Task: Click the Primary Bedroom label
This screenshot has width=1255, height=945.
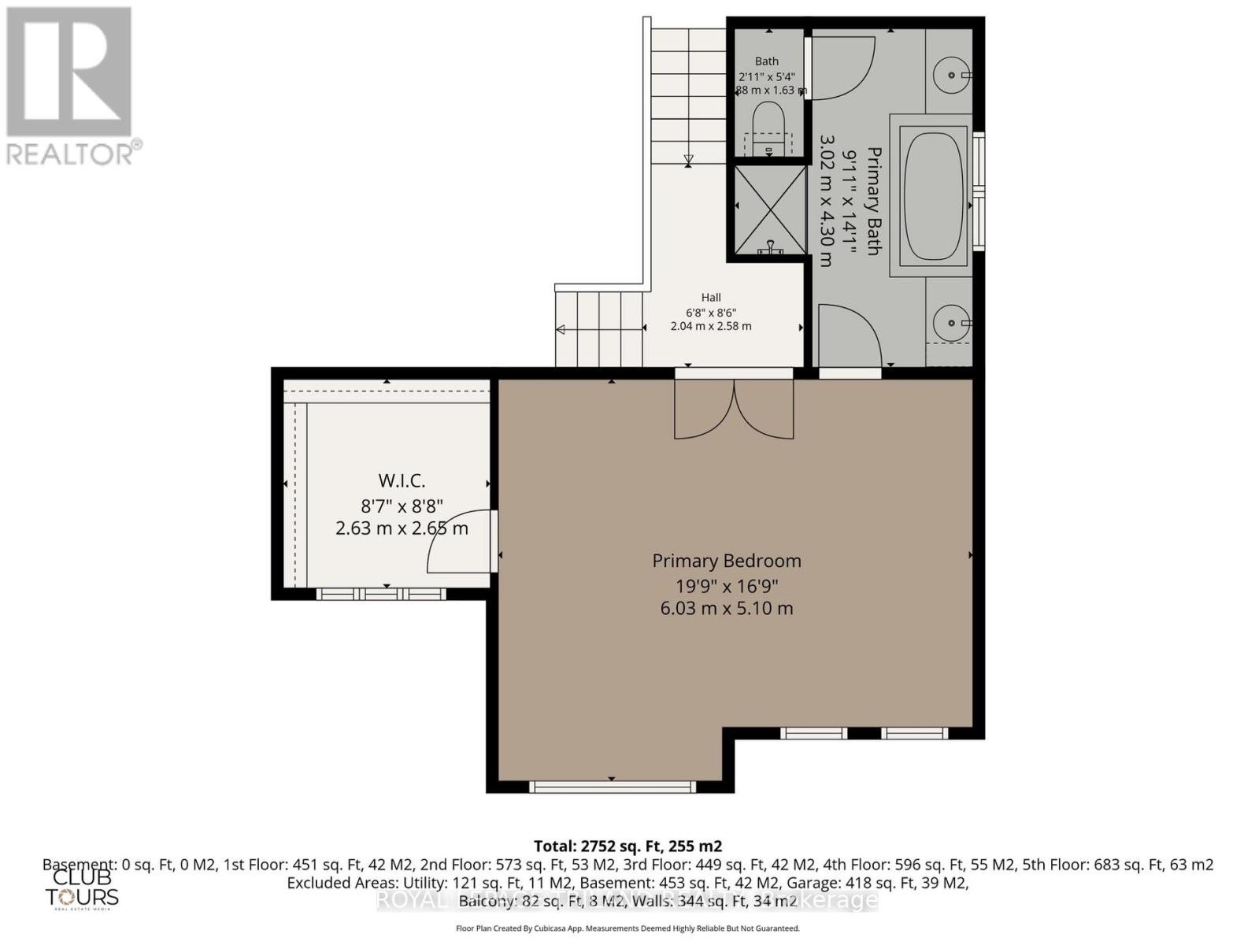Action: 726,561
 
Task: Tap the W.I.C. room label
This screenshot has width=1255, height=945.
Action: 402,480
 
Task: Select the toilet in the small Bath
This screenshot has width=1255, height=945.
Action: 767,126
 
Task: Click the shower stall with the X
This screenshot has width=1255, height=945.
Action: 769,209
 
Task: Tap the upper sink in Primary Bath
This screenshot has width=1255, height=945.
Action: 952,75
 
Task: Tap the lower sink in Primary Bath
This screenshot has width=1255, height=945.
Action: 952,323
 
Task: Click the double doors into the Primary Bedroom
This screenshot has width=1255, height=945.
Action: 734,409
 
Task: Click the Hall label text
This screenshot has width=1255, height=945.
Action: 711,298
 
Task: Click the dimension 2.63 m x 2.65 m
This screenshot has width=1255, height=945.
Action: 402,528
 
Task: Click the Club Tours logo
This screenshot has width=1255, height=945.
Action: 82,888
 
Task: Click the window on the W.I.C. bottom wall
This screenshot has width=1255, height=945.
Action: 381,594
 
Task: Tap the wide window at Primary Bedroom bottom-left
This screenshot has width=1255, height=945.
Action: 613,786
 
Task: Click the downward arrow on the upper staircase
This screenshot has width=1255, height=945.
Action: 689,160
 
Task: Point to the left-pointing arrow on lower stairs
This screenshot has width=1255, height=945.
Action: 562,329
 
